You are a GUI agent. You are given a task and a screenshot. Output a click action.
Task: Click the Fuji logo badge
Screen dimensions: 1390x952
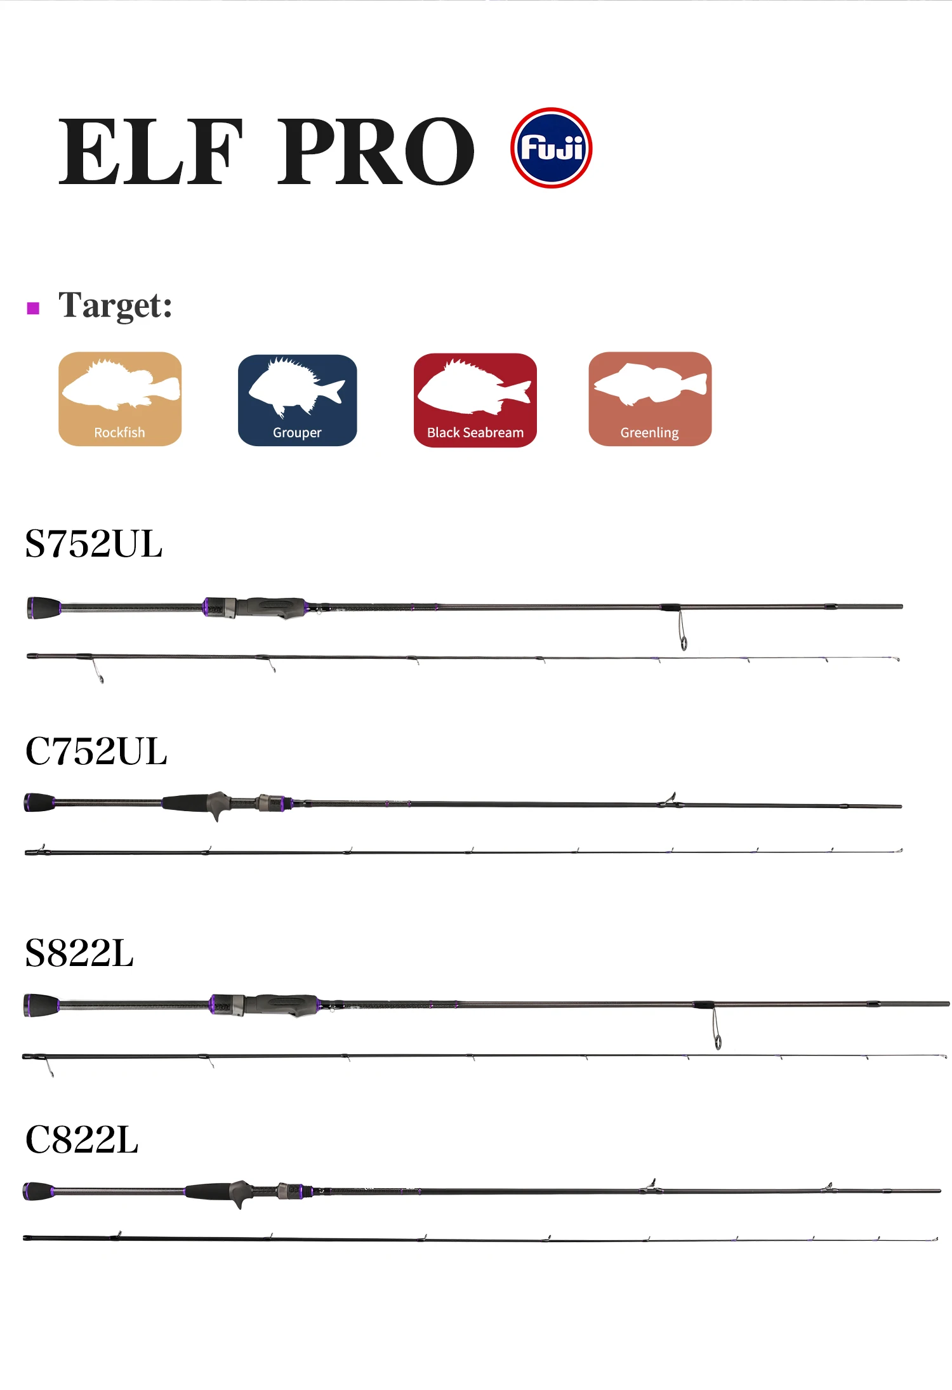[551, 148]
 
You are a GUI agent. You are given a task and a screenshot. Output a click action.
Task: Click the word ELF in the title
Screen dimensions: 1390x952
[150, 152]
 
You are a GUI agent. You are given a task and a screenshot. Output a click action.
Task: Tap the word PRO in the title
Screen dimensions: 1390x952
[376, 152]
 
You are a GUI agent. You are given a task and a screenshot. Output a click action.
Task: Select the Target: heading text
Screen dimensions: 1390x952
[115, 305]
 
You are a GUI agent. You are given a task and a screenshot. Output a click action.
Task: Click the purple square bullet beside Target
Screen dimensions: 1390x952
[33, 308]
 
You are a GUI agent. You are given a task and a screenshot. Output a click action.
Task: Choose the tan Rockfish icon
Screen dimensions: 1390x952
[120, 399]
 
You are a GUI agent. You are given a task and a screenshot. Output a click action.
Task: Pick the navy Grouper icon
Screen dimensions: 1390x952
[297, 400]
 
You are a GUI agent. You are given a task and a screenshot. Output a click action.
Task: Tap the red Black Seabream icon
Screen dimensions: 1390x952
[475, 400]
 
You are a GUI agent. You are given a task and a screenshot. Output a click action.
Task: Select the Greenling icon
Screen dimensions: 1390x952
[650, 399]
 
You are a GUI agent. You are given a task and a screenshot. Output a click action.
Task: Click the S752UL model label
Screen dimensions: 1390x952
[94, 544]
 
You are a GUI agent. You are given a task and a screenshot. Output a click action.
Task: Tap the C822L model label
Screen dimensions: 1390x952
[82, 1139]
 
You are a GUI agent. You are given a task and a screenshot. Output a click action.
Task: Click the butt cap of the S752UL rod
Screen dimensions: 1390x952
[43, 607]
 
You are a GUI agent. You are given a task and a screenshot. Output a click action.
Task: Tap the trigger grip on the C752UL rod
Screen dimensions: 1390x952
[217, 806]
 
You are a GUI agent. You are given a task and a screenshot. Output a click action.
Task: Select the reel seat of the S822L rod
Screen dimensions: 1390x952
[279, 1004]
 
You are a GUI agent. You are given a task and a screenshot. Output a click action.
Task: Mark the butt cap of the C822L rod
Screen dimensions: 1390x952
[38, 1191]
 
